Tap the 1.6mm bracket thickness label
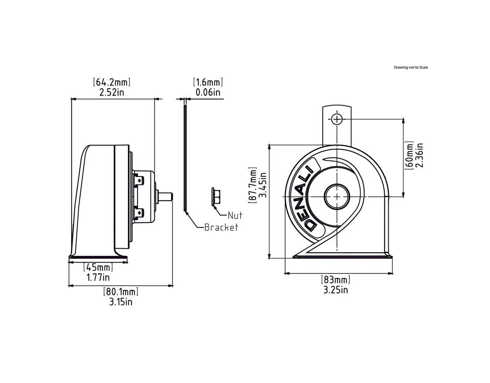[x=208, y=82]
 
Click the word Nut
[x=235, y=215]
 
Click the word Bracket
[x=221, y=227]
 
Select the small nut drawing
[x=216, y=196]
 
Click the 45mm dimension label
[x=98, y=268]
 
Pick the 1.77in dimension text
[x=98, y=278]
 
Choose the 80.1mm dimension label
[x=120, y=292]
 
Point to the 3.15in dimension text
[x=120, y=302]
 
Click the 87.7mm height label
[x=253, y=185]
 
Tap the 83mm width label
[x=336, y=280]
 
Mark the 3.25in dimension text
[x=336, y=290]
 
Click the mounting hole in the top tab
[x=336, y=119]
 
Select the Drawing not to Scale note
[x=411, y=67]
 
